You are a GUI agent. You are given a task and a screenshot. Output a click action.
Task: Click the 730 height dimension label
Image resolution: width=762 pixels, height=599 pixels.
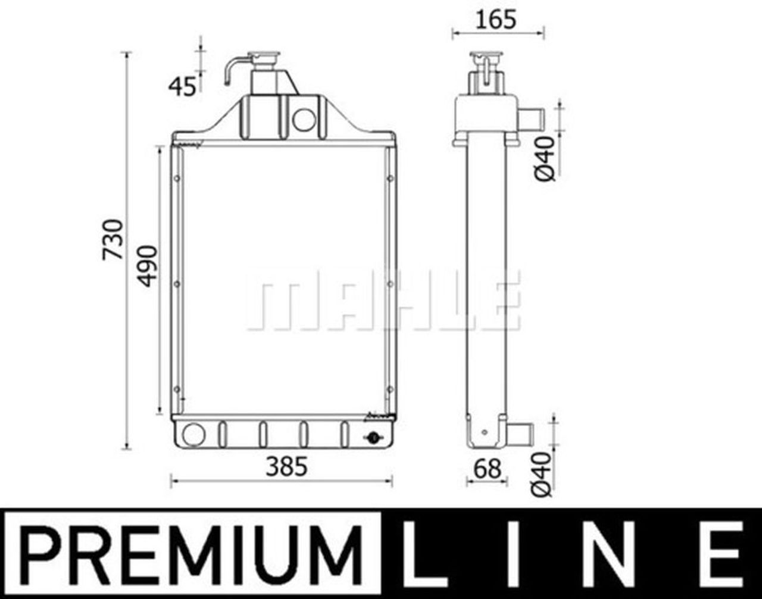pos(113,240)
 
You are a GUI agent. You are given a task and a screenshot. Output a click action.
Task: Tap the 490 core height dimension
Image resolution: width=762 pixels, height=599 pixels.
pos(146,266)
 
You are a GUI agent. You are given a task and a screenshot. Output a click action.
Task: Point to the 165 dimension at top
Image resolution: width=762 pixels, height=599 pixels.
pos(496,20)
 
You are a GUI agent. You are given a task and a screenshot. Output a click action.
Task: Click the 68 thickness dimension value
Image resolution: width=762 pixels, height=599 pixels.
pos(487,469)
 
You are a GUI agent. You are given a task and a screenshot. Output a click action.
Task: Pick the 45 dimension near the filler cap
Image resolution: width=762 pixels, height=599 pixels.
pos(182,87)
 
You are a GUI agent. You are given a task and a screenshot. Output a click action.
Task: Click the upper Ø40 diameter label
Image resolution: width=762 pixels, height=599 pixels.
pos(544,159)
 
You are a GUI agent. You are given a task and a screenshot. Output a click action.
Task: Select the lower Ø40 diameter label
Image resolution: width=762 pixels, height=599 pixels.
pos(542,475)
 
